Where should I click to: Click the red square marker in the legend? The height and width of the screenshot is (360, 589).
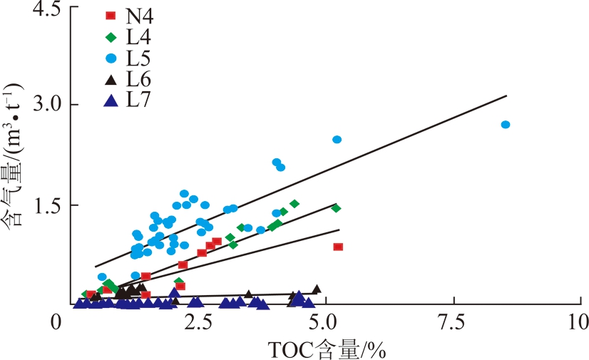coord(111,15)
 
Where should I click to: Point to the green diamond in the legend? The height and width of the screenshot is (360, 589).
coord(111,36)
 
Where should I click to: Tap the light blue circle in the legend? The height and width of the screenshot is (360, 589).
coord(111,57)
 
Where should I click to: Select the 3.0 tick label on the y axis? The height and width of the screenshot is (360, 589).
coord(44,105)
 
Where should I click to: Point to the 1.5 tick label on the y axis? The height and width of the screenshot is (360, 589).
coord(44,205)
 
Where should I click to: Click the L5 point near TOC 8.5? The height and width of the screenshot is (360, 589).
coord(506,125)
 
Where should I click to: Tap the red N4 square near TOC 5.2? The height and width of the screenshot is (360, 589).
coord(338,247)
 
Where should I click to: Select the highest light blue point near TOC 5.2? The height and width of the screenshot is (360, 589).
coord(337,140)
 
